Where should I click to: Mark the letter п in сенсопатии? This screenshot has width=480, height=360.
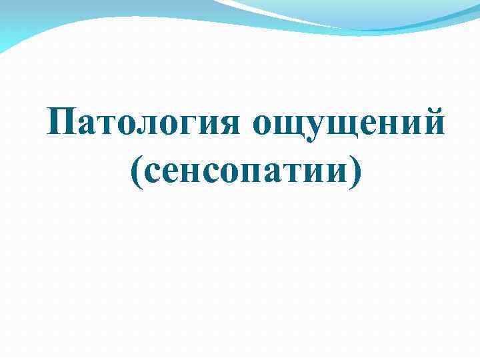pos(248,174)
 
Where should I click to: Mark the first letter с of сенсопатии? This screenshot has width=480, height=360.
pos(153,174)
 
